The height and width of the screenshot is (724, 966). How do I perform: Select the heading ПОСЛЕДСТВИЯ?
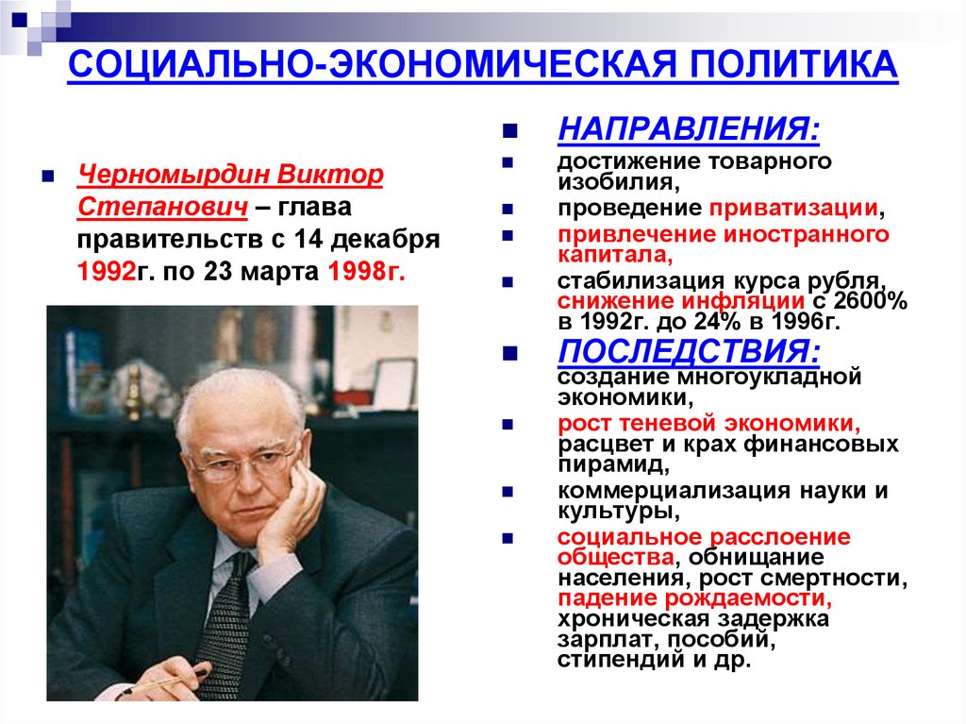[x=689, y=351]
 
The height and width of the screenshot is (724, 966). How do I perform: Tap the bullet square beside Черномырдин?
[x=47, y=177]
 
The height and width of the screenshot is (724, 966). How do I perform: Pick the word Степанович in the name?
[x=161, y=207]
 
